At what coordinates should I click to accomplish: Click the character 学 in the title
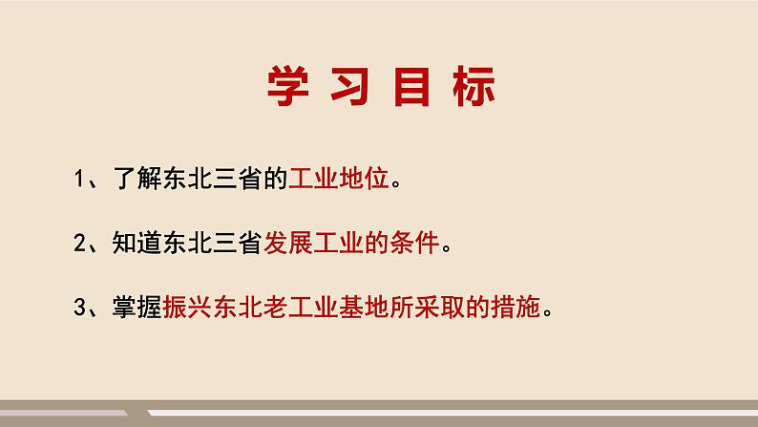tap(287, 86)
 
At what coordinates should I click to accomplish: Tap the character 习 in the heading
tap(351, 86)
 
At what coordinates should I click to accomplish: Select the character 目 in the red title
tap(411, 86)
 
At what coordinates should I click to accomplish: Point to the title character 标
tap(474, 86)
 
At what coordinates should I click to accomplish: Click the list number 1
tap(79, 179)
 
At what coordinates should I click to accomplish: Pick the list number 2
tap(80, 243)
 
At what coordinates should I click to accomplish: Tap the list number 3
tap(80, 307)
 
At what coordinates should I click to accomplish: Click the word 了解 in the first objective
tap(137, 178)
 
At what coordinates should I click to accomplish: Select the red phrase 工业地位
tap(338, 178)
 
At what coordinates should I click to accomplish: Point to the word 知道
tap(137, 243)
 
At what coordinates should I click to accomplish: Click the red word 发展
tap(287, 243)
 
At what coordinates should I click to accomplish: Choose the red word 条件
tap(414, 243)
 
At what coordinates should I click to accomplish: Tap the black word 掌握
tap(137, 307)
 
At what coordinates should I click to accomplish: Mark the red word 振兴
tap(187, 307)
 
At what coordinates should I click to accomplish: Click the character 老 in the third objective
tap(276, 307)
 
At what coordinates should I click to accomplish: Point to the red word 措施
tap(515, 307)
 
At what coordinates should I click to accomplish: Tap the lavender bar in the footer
tap(64, 413)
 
